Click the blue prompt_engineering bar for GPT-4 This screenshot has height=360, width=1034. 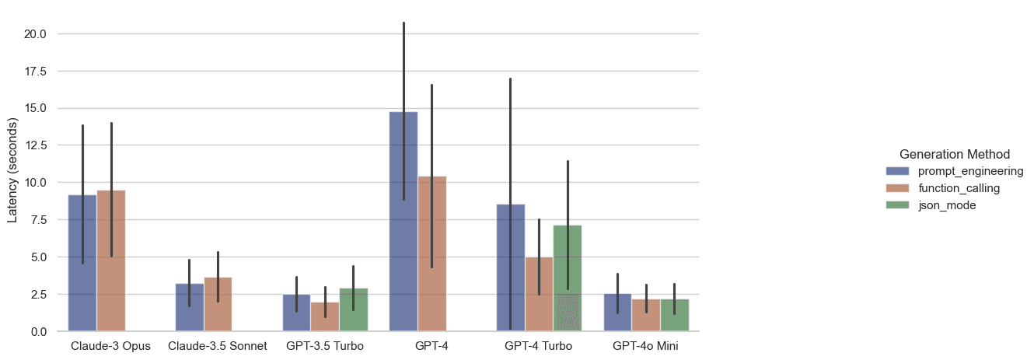click(403, 233)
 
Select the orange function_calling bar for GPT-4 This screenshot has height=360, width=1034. click(432, 257)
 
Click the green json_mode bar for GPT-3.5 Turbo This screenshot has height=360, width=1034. click(354, 310)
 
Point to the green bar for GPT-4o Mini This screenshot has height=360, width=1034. click(674, 316)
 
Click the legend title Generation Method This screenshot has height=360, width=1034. click(954, 154)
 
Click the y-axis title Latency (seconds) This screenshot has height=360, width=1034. click(12, 170)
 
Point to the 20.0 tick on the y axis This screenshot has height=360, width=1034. click(36, 34)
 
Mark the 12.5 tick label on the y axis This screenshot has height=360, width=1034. click(36, 145)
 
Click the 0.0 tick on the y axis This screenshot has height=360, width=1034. click(39, 331)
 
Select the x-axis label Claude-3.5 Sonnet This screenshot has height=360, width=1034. click(218, 346)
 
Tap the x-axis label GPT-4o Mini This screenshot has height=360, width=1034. click(645, 346)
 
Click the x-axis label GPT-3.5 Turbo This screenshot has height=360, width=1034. click(325, 346)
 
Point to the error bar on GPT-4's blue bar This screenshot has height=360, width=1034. click(403, 70)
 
